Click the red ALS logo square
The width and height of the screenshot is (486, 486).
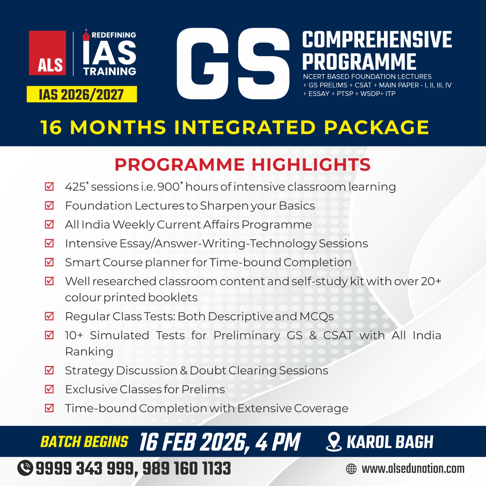(x=47, y=53)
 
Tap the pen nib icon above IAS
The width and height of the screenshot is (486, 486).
(x=86, y=35)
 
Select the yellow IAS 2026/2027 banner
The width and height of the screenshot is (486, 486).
(x=82, y=94)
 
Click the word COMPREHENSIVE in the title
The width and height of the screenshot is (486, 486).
(x=377, y=39)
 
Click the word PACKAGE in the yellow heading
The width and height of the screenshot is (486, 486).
(x=376, y=127)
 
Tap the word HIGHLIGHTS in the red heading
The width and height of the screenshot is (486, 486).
(x=311, y=165)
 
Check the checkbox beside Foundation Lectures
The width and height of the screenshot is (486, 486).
(x=49, y=205)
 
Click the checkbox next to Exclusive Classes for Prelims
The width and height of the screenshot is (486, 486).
(x=49, y=389)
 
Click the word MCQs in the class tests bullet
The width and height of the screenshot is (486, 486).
(x=317, y=317)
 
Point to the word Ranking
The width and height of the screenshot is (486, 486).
(x=89, y=351)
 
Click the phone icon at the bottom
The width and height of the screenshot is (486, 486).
(x=25, y=468)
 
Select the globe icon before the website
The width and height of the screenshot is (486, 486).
(x=351, y=469)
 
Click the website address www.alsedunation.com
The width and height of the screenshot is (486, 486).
(x=413, y=469)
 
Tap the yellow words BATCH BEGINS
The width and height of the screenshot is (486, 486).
(x=84, y=442)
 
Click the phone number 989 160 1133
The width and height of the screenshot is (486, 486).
(x=187, y=468)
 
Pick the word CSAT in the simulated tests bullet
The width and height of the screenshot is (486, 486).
(x=338, y=335)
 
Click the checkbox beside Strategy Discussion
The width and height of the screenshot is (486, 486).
(x=49, y=370)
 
